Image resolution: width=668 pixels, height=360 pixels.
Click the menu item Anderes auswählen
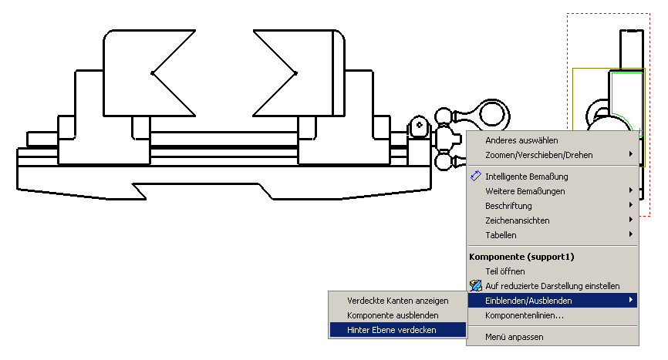click(x=521, y=140)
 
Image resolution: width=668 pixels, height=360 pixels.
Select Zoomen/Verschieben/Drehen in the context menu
click(x=539, y=155)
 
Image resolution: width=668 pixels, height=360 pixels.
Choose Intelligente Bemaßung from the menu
click(x=527, y=177)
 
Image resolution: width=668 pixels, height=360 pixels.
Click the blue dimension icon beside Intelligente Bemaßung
click(x=476, y=176)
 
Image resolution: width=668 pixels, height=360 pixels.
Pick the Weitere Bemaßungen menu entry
click(x=525, y=191)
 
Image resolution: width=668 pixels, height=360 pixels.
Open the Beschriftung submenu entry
click(x=508, y=206)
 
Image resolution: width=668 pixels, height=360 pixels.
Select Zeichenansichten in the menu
click(x=517, y=220)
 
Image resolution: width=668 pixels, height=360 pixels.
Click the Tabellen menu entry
click(x=501, y=235)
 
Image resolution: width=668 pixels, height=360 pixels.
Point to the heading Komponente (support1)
click(x=521, y=257)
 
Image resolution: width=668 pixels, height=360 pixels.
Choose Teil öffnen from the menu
click(x=504, y=271)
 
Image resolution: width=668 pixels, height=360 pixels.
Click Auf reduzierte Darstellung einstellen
click(x=552, y=286)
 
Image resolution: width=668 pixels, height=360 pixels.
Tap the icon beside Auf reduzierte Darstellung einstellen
click(x=476, y=285)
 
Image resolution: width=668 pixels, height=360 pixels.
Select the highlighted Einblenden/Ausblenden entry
click(x=528, y=301)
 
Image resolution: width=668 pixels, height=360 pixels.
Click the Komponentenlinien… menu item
click(x=525, y=316)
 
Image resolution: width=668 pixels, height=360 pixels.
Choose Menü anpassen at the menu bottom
click(x=514, y=337)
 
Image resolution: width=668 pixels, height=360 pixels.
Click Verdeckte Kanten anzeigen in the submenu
click(x=397, y=301)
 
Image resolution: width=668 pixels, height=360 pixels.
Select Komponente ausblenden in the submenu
click(x=393, y=316)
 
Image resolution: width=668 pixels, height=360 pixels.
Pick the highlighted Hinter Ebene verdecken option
click(x=392, y=330)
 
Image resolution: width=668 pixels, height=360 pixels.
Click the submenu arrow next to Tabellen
click(x=631, y=234)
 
